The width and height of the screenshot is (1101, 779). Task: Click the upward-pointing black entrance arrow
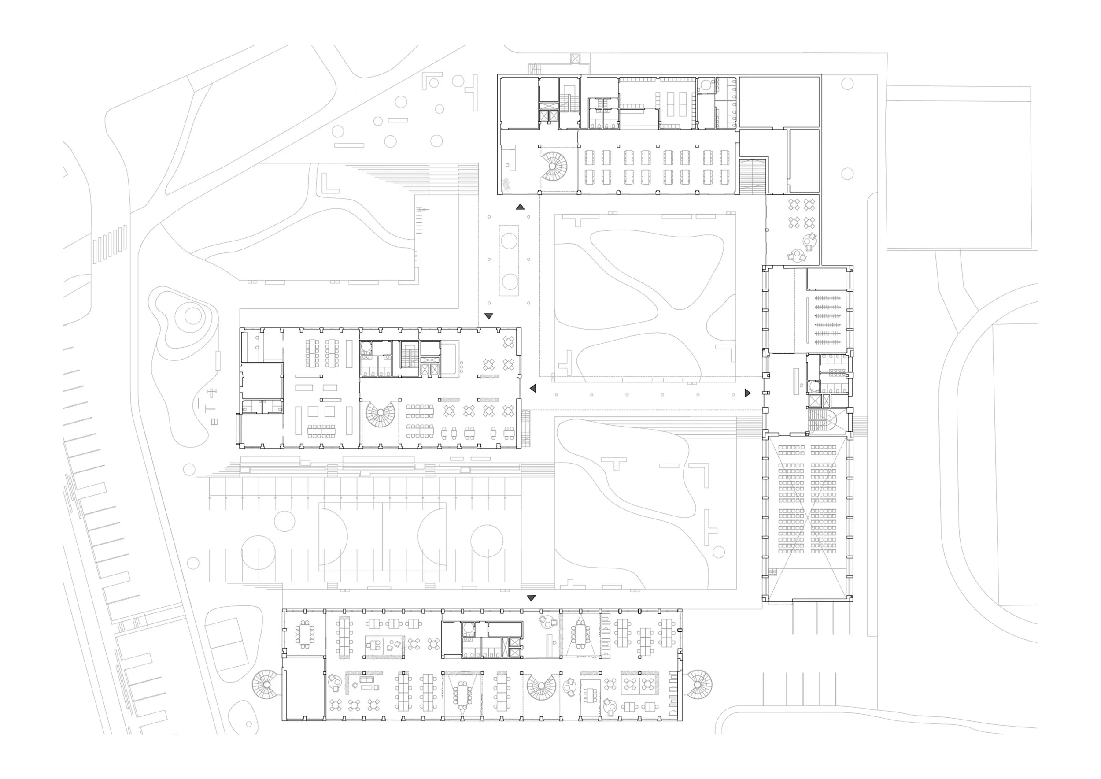[520, 207]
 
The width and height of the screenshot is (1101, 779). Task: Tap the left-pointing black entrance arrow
[533, 388]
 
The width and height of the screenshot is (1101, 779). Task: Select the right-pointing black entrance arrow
[747, 393]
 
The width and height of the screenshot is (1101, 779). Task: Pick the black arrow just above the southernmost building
[531, 598]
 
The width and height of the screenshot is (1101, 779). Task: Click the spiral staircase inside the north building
[554, 167]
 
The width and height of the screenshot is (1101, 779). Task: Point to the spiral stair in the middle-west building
[381, 415]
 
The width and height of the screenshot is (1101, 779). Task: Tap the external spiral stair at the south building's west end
[265, 684]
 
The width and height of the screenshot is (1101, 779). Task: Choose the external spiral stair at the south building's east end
[698, 684]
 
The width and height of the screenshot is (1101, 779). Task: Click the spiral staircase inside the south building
[541, 686]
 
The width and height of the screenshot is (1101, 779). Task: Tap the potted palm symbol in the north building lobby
[506, 183]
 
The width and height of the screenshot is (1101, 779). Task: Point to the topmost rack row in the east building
[827, 298]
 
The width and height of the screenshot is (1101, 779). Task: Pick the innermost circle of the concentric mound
[193, 315]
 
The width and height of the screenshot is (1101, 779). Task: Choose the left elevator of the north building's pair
[544, 116]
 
